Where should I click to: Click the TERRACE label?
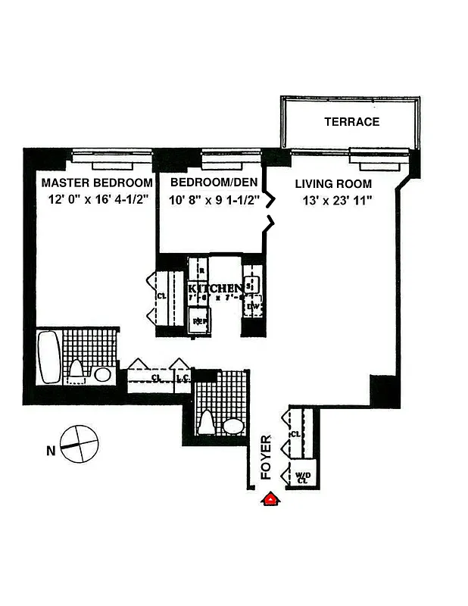pos(351,122)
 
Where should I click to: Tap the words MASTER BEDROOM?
pos(97,183)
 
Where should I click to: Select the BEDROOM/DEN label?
pos(214,183)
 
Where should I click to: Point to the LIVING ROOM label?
pos(333,184)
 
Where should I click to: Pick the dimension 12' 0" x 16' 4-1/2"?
pos(97,201)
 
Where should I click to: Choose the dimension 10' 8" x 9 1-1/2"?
pos(214,201)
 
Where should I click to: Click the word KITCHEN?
pos(215,289)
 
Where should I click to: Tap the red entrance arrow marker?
pos(269,498)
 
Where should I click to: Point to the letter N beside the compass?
pos(51,452)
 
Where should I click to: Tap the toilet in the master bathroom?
pos(76,370)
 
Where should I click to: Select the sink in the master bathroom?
pos(102,373)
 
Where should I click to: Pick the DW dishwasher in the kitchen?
pos(254,307)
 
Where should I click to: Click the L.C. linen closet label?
pos(182,376)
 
